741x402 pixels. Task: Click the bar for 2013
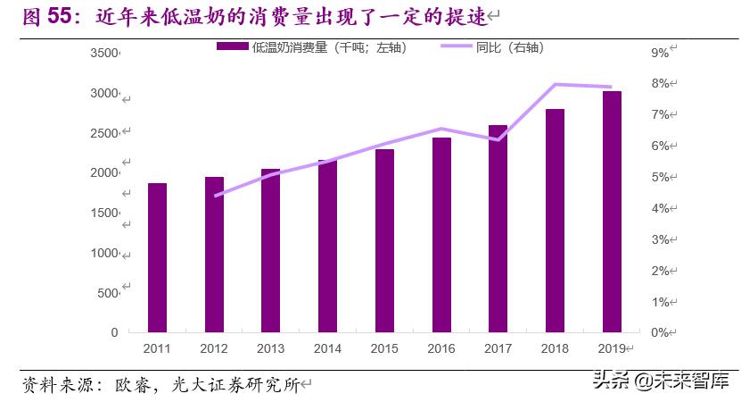click(x=270, y=250)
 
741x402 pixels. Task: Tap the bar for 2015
click(x=384, y=240)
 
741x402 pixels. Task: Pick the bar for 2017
click(x=498, y=229)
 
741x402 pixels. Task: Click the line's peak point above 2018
click(x=555, y=85)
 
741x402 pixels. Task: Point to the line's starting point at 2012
click(x=215, y=195)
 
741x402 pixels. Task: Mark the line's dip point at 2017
click(x=498, y=139)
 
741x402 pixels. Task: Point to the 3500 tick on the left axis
click(x=104, y=54)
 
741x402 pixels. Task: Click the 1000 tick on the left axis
click(x=104, y=253)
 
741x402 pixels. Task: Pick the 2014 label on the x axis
click(x=327, y=348)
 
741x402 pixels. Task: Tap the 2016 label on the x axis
click(x=440, y=348)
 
